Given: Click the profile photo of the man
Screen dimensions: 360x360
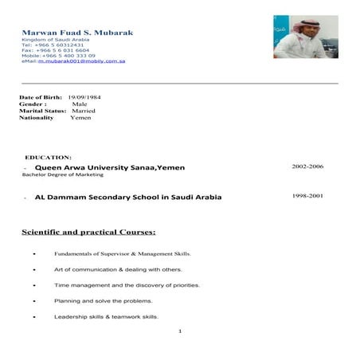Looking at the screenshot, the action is (x=305, y=36).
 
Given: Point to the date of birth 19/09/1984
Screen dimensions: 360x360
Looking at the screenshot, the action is (x=83, y=96).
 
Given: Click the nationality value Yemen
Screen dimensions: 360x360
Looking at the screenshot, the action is (x=80, y=118).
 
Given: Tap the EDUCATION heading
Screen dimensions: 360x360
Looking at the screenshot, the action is (x=49, y=157).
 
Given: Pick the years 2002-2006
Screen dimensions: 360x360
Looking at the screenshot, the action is (x=307, y=166).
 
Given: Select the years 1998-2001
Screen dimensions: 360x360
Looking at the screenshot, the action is (x=307, y=194).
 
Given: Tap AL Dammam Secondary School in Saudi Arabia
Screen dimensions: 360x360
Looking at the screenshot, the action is (x=128, y=196).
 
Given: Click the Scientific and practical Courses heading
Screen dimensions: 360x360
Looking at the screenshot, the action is (x=88, y=233).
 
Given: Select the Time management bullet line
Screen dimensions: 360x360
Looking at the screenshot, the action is (x=127, y=284).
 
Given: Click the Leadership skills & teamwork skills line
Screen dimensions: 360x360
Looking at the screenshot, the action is (x=106, y=316).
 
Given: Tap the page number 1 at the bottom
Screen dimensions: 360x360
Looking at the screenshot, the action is (x=181, y=331).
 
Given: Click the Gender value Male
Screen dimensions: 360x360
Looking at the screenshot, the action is (x=80, y=104).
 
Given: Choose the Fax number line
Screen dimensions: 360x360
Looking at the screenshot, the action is (x=54, y=49).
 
